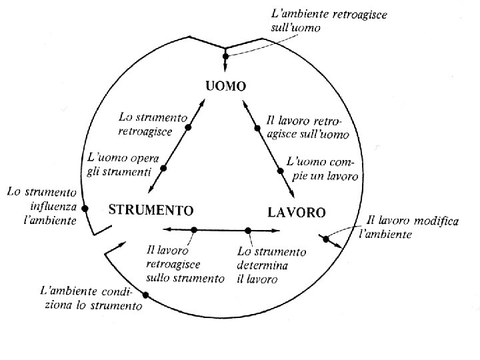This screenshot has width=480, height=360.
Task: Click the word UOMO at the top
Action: click(x=225, y=86)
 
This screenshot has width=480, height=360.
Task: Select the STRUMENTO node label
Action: click(x=151, y=211)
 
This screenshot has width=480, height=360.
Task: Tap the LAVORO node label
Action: click(x=297, y=213)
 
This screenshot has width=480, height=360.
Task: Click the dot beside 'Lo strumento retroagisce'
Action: click(x=189, y=127)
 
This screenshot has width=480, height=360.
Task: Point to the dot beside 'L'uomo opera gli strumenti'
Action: click(x=163, y=168)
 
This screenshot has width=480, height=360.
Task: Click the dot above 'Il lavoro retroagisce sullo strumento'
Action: click(x=194, y=230)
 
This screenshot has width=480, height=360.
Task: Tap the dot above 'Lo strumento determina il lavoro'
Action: click(x=248, y=231)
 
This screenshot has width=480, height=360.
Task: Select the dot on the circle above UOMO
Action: click(x=225, y=56)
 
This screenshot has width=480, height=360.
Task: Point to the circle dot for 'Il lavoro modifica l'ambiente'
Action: click(x=326, y=239)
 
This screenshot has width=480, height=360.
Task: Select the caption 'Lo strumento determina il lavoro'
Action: click(x=272, y=265)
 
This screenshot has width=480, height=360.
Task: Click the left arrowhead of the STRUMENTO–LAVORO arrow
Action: click(x=166, y=230)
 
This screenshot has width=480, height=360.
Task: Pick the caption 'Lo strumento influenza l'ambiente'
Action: click(x=41, y=206)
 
